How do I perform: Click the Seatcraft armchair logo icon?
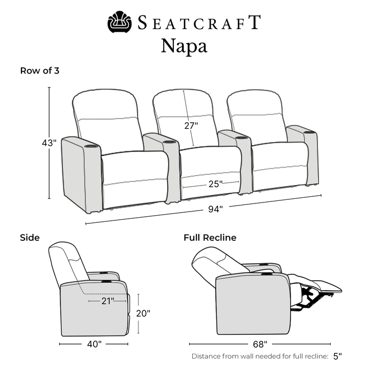coord(120,22)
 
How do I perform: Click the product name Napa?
coord(184,46)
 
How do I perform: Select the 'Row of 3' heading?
coord(40,71)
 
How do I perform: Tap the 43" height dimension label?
coord(49,143)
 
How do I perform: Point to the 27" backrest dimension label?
coord(191,126)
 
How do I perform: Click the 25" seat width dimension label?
coord(216,184)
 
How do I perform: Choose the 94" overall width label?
coord(216,209)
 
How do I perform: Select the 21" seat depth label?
coord(108,301)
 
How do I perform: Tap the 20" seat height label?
coord(143,313)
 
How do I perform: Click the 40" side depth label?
coord(95,344)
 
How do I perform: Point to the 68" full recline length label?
coord(260,344)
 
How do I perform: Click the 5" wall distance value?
coord(337,356)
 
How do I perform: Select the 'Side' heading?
coord(30,238)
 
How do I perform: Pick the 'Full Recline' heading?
coord(210,238)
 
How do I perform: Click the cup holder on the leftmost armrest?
coord(90,147)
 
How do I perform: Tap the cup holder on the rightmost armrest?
coord(310,132)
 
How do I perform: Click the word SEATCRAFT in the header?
coord(199,22)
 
